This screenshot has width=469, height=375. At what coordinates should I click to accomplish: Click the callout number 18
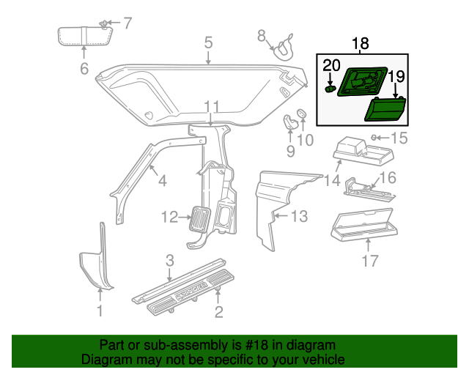point(361,45)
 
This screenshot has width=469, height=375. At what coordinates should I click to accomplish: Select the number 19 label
point(396,76)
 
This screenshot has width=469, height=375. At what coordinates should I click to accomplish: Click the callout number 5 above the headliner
point(208,43)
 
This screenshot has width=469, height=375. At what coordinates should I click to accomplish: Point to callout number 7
point(127,23)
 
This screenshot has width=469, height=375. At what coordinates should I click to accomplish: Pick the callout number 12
point(169,217)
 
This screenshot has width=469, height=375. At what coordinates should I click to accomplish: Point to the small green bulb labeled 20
point(330,89)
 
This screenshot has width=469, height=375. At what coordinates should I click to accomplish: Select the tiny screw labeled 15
point(374,137)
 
